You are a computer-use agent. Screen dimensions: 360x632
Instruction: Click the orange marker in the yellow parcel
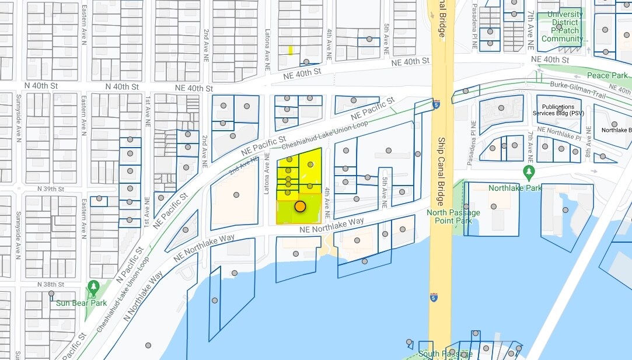[300, 206]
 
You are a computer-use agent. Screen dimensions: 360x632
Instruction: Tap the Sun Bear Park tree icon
[93, 287]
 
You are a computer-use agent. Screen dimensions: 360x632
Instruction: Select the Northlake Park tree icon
[529, 172]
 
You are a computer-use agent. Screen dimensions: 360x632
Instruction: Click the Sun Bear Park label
[81, 303]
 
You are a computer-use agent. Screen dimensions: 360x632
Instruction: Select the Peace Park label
[607, 75]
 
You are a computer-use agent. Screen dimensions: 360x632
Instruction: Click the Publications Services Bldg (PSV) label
[558, 110]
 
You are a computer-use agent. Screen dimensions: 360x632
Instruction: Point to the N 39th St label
[53, 189]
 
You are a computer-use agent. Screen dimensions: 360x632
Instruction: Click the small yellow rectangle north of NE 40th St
[290, 51]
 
